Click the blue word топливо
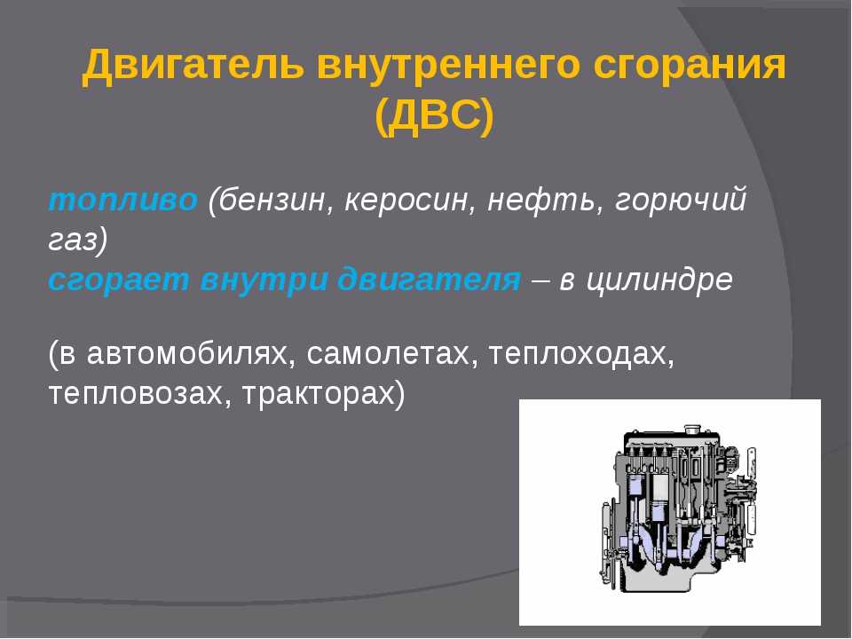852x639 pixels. [x=122, y=200]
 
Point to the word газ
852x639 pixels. [x=73, y=241]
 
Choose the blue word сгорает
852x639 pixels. [x=119, y=280]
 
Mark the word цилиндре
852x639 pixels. [x=659, y=280]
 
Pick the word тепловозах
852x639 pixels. [x=136, y=394]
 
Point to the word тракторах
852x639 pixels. [x=319, y=394]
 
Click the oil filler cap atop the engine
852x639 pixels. [x=692, y=430]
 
